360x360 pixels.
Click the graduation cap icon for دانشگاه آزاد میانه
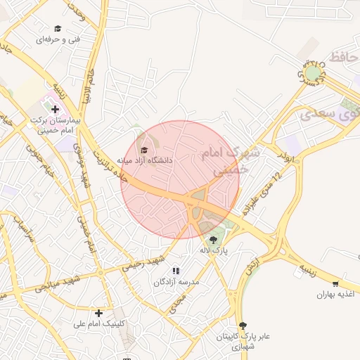[146, 150]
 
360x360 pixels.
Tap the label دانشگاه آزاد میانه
[145, 160]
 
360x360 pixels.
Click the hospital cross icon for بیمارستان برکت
[56, 109]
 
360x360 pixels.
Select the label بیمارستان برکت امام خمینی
[53, 124]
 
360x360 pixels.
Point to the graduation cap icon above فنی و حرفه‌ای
[58, 29]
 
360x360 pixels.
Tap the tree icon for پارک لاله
[213, 240]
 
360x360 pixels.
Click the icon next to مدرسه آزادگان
[176, 271]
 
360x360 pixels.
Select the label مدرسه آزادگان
[177, 281]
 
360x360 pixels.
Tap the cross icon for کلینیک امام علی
[99, 313]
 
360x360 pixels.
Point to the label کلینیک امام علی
[101, 324]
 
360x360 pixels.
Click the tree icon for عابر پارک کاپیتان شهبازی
[243, 326]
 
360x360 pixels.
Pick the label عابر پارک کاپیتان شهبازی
[242, 342]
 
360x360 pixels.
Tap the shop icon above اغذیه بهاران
[336, 284]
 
